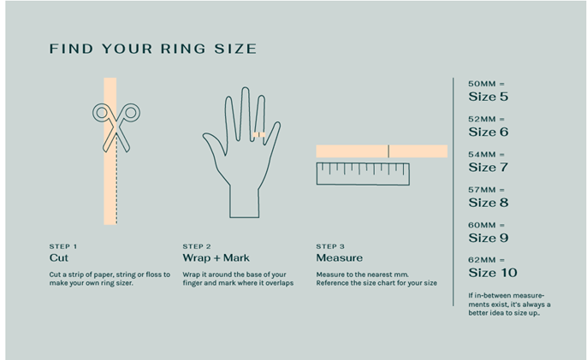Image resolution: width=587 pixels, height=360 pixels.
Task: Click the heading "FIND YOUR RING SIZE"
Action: [x=153, y=49]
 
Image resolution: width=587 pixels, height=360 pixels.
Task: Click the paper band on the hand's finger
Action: [x=259, y=135]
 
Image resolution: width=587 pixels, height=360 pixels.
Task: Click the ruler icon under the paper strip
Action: [x=363, y=174]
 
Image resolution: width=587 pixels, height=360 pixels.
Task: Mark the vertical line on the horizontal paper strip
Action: [x=388, y=151]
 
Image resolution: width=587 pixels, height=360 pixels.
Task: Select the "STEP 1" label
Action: [x=63, y=246]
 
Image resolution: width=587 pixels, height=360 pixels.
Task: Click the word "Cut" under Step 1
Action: [x=59, y=258]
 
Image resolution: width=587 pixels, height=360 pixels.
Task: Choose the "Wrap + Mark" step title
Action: [x=216, y=258]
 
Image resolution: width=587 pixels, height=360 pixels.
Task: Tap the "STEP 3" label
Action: [x=330, y=246]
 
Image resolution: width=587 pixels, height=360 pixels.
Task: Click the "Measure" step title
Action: [x=340, y=258]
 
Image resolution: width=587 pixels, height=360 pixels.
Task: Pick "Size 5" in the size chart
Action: [x=488, y=97]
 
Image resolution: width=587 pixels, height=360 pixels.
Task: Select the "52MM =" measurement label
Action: [x=486, y=119]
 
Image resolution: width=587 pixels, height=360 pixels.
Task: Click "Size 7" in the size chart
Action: [x=488, y=168]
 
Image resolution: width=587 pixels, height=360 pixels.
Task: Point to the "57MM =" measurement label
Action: [x=486, y=190]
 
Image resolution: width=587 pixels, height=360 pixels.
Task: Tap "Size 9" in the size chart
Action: [x=488, y=238]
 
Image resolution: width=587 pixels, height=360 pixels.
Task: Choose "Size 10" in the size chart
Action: [x=493, y=273]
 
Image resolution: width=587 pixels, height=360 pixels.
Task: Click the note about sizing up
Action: [x=509, y=304]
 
